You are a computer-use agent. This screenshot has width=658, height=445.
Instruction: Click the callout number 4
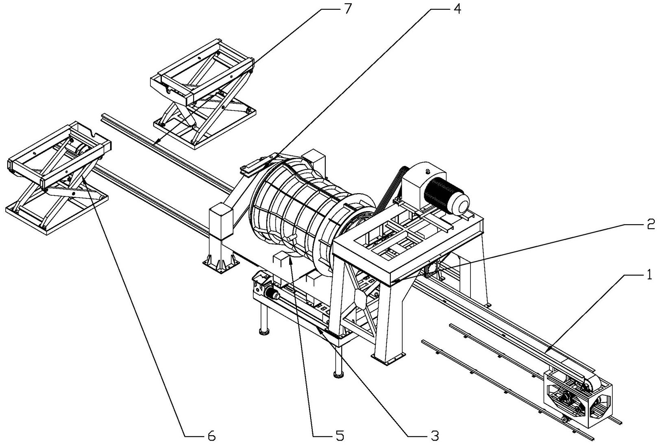coord(457,9)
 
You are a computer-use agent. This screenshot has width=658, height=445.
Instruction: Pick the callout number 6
coord(211,436)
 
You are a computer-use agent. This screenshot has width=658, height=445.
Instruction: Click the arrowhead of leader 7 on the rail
coord(156,143)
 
